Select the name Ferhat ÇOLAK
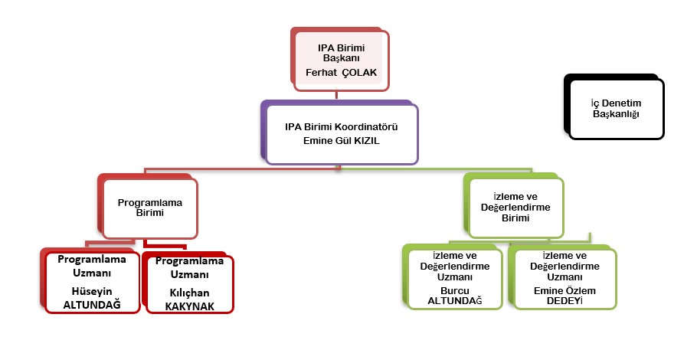[340, 73]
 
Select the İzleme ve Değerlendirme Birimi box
[515, 208]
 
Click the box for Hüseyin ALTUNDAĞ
[92, 281]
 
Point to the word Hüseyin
[92, 293]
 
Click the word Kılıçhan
[188, 293]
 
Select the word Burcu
[455, 290]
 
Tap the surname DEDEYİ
[565, 301]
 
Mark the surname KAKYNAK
[188, 305]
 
